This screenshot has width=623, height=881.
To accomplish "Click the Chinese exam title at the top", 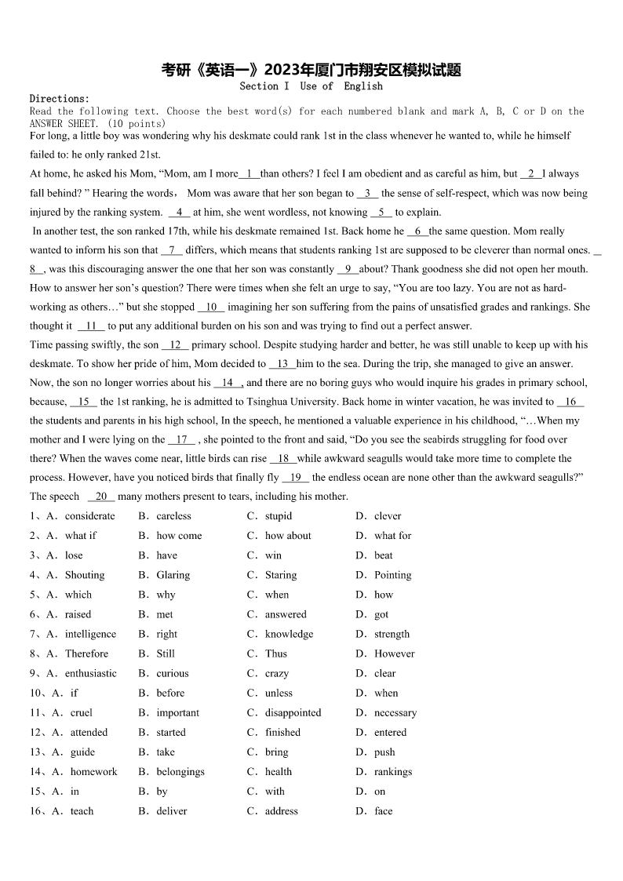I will point(311,70).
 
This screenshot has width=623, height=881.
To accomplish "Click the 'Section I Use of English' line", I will point(311,86).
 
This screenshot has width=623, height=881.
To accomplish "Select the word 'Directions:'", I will point(60,99).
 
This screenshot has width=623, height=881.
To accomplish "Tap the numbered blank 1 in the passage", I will point(249,173).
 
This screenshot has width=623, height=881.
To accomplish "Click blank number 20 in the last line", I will point(101,496).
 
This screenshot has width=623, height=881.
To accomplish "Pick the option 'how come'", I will point(179,536).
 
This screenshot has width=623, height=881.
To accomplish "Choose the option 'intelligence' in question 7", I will point(90,634).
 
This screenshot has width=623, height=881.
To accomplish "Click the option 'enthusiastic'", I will point(90,673).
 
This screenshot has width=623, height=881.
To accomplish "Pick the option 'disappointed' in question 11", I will point(293,713).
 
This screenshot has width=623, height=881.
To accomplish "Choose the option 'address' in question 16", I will point(281,811).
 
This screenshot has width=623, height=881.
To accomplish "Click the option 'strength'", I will point(392,634).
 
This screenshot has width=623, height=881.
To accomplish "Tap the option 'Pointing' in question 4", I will point(392,575).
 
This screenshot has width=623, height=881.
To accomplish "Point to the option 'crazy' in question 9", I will point(277,673).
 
